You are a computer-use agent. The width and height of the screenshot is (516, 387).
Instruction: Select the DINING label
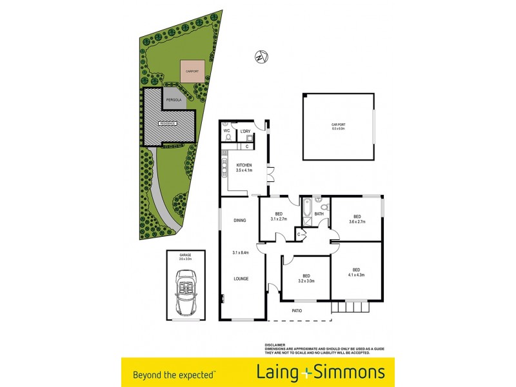click(240, 221)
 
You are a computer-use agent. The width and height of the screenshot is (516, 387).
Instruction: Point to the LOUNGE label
click(241, 278)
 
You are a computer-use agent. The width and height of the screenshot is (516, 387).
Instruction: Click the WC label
click(227, 131)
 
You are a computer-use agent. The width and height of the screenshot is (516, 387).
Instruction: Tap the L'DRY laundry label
click(245, 132)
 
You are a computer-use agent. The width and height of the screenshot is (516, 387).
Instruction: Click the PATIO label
click(297, 310)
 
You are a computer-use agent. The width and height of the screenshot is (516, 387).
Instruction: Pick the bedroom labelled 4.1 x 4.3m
click(356, 272)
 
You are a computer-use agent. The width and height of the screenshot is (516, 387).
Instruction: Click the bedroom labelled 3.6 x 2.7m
click(357, 219)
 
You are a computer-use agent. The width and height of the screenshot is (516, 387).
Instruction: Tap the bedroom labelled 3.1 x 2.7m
click(279, 217)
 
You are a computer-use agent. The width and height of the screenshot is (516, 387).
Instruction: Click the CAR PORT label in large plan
click(338, 127)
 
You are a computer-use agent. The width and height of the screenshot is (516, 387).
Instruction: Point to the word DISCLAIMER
click(276, 345)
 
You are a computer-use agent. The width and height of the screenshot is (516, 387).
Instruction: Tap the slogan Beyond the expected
click(174, 373)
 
